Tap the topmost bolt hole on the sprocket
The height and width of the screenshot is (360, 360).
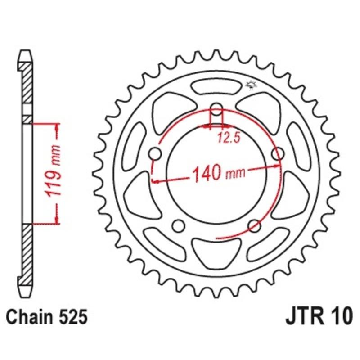coord(217,112)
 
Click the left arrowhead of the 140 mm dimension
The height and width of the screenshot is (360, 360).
coord(157,181)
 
